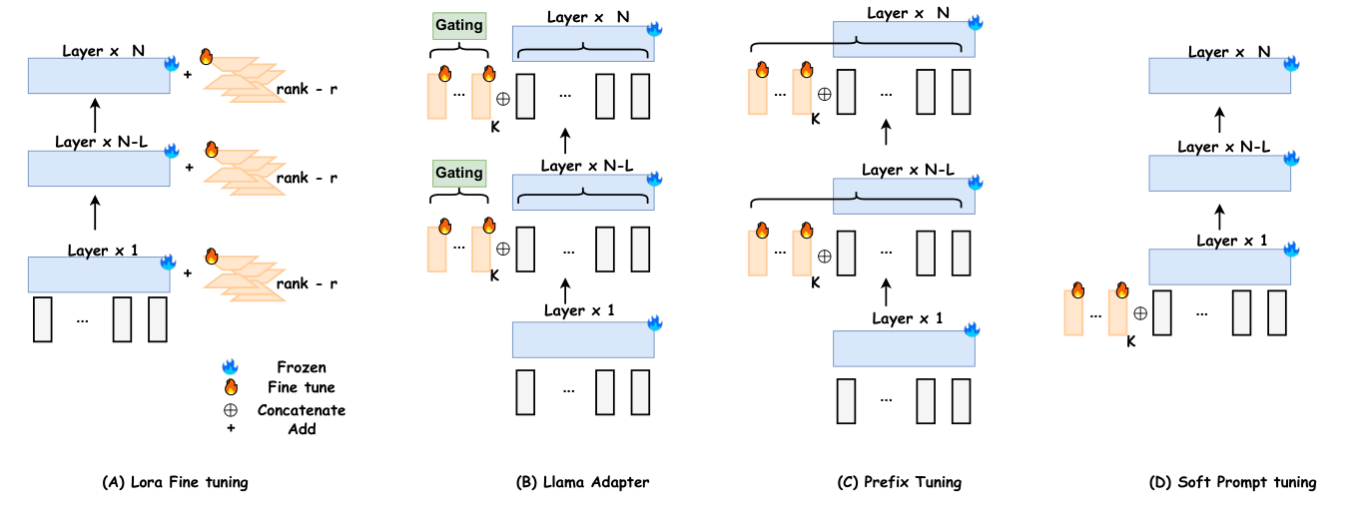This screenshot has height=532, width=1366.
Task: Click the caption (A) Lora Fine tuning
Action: point(175,482)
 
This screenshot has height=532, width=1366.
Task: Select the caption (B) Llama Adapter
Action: point(582,482)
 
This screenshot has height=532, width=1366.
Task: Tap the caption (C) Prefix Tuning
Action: point(899,482)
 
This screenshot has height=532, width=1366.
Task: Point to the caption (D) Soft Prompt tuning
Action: point(1247,482)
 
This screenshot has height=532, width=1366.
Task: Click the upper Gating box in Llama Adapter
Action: point(457,24)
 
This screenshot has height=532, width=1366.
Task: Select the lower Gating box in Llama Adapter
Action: point(457,173)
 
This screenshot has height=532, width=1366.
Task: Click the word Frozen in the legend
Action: point(301,367)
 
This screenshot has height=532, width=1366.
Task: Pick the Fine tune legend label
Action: point(301,387)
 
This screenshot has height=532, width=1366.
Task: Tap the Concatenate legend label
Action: point(301,409)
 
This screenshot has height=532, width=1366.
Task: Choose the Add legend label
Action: point(301,428)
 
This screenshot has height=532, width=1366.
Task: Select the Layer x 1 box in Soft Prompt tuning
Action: point(1219,266)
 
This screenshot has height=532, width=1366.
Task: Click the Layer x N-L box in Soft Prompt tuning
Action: point(1219,173)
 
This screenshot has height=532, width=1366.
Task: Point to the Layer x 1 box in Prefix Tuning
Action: point(904,348)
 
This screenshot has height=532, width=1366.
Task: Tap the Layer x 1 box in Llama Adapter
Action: point(582,339)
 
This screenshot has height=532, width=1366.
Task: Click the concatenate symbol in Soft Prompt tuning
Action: point(1139,312)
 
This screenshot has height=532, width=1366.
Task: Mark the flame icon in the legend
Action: point(231,387)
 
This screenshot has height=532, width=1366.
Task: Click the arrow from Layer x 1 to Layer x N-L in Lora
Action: point(96,212)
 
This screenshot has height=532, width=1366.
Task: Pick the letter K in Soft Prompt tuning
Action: point(1130,341)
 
